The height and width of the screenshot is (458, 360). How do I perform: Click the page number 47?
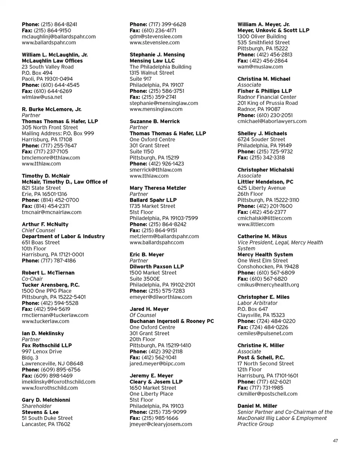335,441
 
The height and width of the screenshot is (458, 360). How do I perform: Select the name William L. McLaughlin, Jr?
55,55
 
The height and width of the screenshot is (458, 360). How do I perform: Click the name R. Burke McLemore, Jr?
52,109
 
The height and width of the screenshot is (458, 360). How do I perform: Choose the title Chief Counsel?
39,230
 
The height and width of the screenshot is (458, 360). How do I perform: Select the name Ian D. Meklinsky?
43,333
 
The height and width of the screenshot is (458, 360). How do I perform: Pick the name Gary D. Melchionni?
46,400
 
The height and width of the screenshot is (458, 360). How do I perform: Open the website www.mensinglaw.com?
156,109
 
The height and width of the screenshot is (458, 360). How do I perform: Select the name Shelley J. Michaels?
262,134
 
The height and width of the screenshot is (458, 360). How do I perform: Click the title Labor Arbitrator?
258,303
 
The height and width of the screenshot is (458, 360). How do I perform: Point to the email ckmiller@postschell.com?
267,394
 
